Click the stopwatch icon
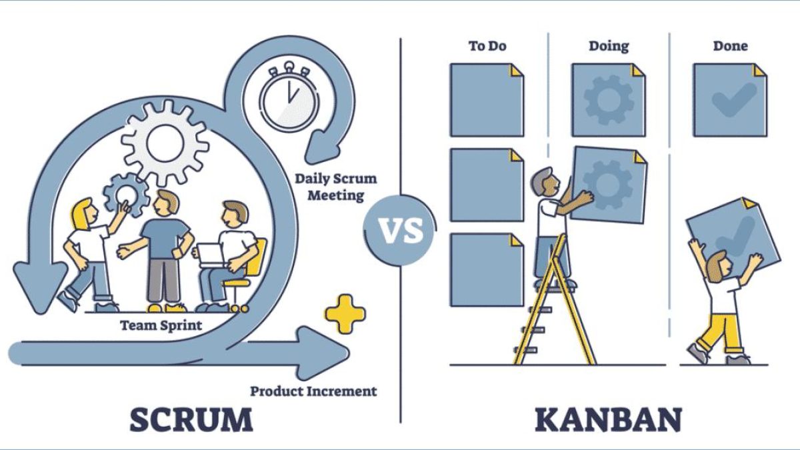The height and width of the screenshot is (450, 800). [289, 97]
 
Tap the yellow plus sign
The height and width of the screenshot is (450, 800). [345, 314]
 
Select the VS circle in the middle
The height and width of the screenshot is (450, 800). [400, 231]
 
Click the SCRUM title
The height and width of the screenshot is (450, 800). [191, 419]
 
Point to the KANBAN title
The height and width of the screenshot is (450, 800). [608, 419]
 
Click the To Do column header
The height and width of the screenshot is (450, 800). [487, 46]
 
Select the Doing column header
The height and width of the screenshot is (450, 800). [609, 47]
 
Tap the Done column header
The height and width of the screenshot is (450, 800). [731, 46]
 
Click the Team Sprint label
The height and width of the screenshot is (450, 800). [161, 325]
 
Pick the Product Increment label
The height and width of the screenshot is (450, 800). [313, 391]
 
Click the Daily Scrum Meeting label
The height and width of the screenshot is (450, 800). [336, 187]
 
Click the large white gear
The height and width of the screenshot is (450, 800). [165, 143]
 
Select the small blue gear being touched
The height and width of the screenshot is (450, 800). [126, 195]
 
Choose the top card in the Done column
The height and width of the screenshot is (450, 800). [730, 100]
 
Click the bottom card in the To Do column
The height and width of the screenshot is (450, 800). [487, 270]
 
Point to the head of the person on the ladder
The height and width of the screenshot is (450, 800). [545, 182]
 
